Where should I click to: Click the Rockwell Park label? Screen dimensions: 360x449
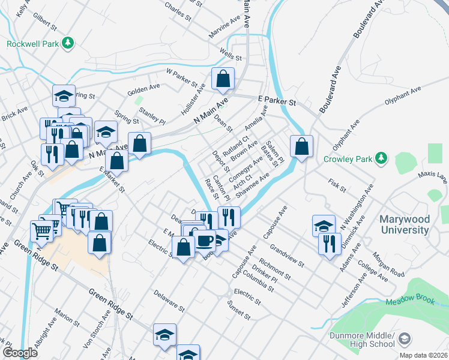pos(32,43)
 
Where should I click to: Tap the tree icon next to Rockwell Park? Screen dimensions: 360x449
pos(68,43)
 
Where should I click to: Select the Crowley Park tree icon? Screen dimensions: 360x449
pos(381,158)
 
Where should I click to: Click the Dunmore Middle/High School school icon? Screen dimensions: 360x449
pos(405,340)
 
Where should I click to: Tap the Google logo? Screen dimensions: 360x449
pos(20,353)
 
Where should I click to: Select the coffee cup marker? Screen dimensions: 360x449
pos(205,241)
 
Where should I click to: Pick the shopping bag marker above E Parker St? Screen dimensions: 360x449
pos(223,79)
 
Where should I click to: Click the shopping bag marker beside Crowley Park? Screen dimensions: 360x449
pos(301,146)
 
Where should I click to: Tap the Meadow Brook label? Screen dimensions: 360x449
pos(410,302)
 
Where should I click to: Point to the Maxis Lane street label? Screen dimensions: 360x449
pos(433,178)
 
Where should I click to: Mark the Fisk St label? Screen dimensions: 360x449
pos(337,185)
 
